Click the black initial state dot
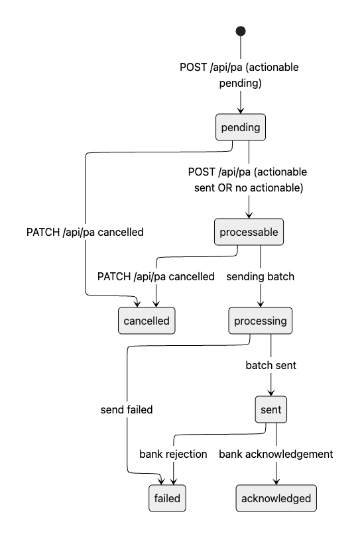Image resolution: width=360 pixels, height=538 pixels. point(241,31)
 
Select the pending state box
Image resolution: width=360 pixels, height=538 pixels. point(241,127)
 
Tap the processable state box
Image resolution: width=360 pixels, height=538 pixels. point(249,232)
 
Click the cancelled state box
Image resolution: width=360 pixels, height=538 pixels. point(147,321)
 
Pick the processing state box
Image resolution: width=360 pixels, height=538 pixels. point(261,321)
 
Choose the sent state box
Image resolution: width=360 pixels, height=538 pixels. point(270,409)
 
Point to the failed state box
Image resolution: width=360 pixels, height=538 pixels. point(167,498)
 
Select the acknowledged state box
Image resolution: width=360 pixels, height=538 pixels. point(276,498)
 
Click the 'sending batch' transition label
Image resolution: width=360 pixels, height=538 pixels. point(261,276)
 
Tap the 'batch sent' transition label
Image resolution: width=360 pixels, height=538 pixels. point(270,366)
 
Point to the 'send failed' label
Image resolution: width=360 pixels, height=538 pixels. point(127,409)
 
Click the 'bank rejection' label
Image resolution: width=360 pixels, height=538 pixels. point(173,454)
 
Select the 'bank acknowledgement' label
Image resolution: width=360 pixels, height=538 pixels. point(276,454)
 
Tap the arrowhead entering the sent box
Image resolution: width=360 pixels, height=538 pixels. point(270,393)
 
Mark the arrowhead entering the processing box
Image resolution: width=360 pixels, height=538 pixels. point(261,304)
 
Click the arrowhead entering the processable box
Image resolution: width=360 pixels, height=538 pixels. point(249,215)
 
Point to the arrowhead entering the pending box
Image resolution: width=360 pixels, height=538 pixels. point(241,111)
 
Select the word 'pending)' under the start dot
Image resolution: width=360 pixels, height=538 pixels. point(241,83)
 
